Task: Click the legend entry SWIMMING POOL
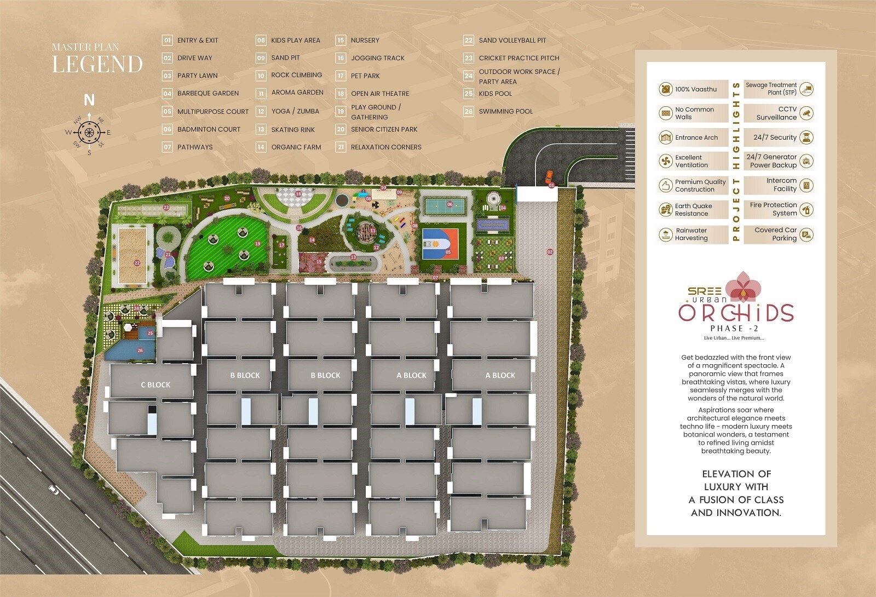tap(505, 111)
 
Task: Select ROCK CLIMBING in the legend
tap(296, 75)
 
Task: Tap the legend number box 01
tap(167, 40)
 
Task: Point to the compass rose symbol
tap(88, 132)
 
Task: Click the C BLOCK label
tap(155, 385)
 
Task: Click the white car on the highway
tap(53, 490)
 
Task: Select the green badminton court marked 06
tap(445, 206)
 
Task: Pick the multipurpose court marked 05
tap(440, 244)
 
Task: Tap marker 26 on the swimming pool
tap(140, 351)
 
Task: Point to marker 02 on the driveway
tap(550, 252)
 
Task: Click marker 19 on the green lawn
tap(257, 244)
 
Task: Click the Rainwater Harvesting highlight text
tap(691, 234)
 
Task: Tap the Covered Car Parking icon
tap(805, 234)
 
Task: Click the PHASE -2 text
tap(734, 329)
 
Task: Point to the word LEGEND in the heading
tap(97, 64)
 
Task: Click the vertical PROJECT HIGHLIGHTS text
tap(736, 162)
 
